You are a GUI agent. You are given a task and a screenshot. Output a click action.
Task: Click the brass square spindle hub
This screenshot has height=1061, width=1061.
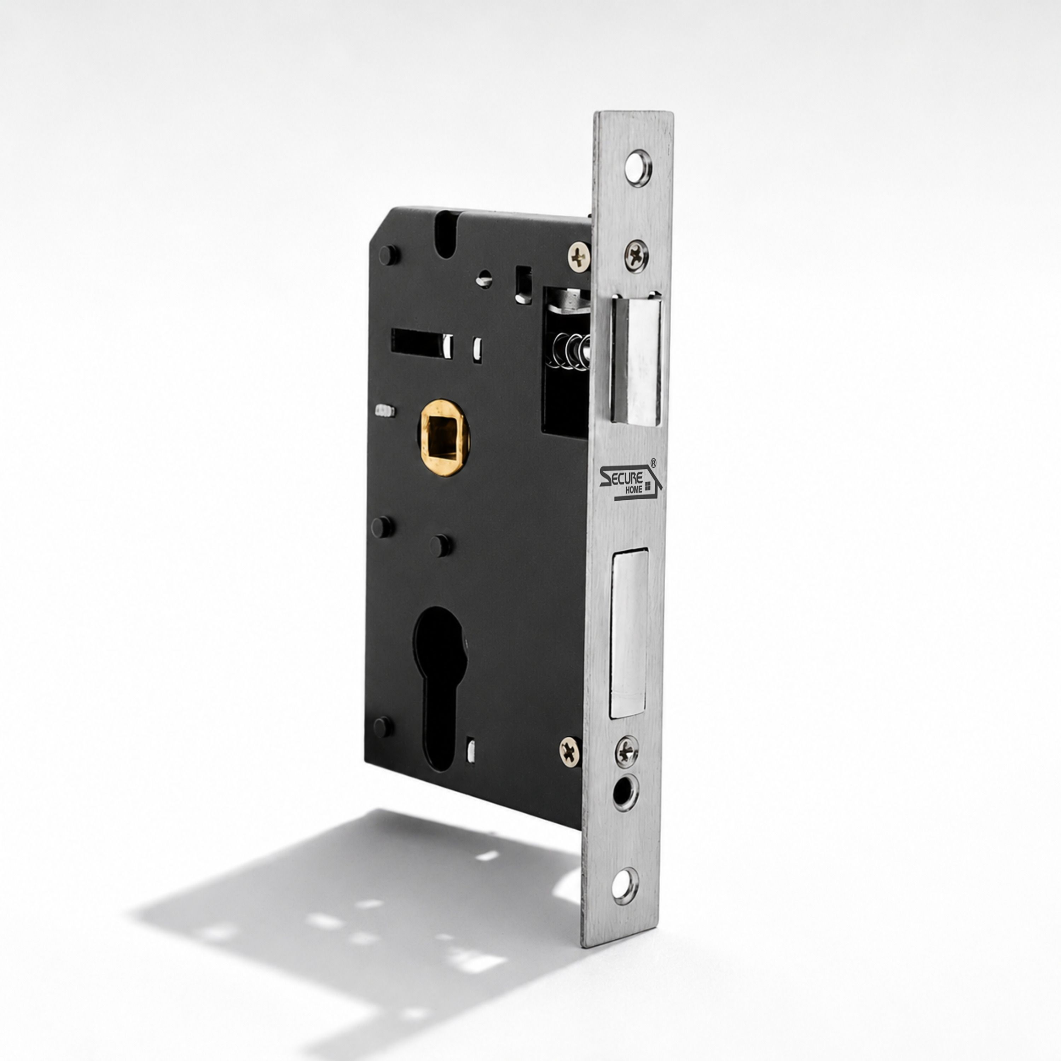445,437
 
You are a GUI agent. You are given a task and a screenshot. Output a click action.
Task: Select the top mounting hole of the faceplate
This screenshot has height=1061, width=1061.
638,168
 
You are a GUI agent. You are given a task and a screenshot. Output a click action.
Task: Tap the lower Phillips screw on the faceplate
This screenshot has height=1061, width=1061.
627,752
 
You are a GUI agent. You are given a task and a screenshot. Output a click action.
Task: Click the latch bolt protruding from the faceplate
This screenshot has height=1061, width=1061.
637,359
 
